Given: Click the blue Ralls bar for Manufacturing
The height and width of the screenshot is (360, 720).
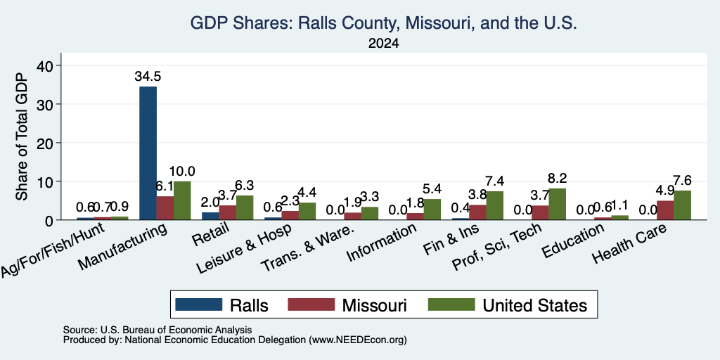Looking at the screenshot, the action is [148, 153].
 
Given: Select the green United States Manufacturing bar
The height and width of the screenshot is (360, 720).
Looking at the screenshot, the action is [182, 200].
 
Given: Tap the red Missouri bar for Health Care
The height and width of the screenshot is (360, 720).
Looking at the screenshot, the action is [665, 210].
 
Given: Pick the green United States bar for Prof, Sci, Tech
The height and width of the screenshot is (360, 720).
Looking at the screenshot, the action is [558, 204].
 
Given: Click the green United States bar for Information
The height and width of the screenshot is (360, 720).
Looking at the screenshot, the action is [432, 210].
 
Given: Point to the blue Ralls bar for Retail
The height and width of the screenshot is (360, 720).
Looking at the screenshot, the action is [211, 216].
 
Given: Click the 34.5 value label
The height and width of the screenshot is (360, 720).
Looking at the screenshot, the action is [148, 76].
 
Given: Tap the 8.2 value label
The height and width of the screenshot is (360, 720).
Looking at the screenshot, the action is [558, 178].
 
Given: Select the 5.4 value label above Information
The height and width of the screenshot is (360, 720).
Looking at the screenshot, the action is [432, 188].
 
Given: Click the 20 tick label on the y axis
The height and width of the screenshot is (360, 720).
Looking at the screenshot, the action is [46, 143].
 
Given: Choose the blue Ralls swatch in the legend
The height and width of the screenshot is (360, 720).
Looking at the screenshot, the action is [198, 304].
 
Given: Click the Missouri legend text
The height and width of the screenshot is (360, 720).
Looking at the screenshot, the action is [374, 305].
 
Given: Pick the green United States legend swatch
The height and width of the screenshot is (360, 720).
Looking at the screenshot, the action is [451, 304].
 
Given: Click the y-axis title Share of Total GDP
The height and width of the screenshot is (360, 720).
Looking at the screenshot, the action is [22, 136].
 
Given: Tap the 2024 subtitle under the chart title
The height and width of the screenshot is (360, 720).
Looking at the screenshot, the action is [383, 44].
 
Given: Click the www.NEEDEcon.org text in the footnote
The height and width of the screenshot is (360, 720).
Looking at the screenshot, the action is [358, 340].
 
